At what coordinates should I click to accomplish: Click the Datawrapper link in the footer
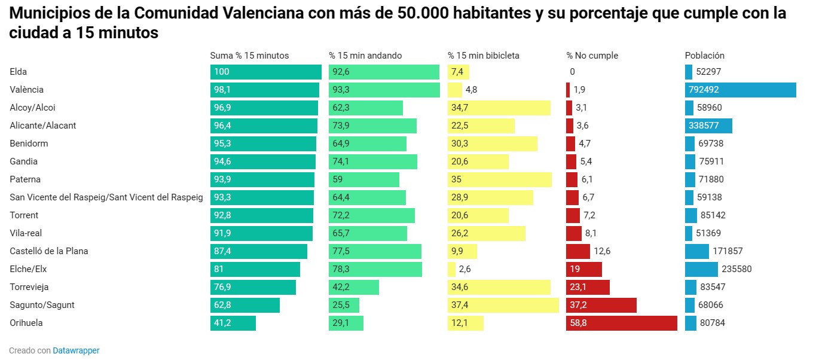76,350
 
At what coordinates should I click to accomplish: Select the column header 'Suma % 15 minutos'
249,56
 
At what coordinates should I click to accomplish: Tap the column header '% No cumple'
592,56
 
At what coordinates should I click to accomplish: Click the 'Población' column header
704,56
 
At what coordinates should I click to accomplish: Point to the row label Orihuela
26,323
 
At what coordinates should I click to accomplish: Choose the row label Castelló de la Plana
48,251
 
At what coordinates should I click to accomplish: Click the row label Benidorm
29,144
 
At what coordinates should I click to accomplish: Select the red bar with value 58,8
621,323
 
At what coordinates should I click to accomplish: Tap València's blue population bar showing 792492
740,90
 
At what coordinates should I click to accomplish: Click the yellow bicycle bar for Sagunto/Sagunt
503,305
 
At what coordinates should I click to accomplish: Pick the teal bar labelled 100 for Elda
265,72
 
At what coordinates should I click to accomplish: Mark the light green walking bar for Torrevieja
353,287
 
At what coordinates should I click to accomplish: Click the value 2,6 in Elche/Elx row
464,269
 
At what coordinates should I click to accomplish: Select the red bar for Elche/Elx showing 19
583,269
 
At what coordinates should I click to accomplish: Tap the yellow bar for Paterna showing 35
499,179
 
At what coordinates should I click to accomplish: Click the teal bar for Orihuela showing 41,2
233,323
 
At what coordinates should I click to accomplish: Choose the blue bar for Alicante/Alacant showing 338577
708,126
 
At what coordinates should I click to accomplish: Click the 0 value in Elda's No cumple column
572,72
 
